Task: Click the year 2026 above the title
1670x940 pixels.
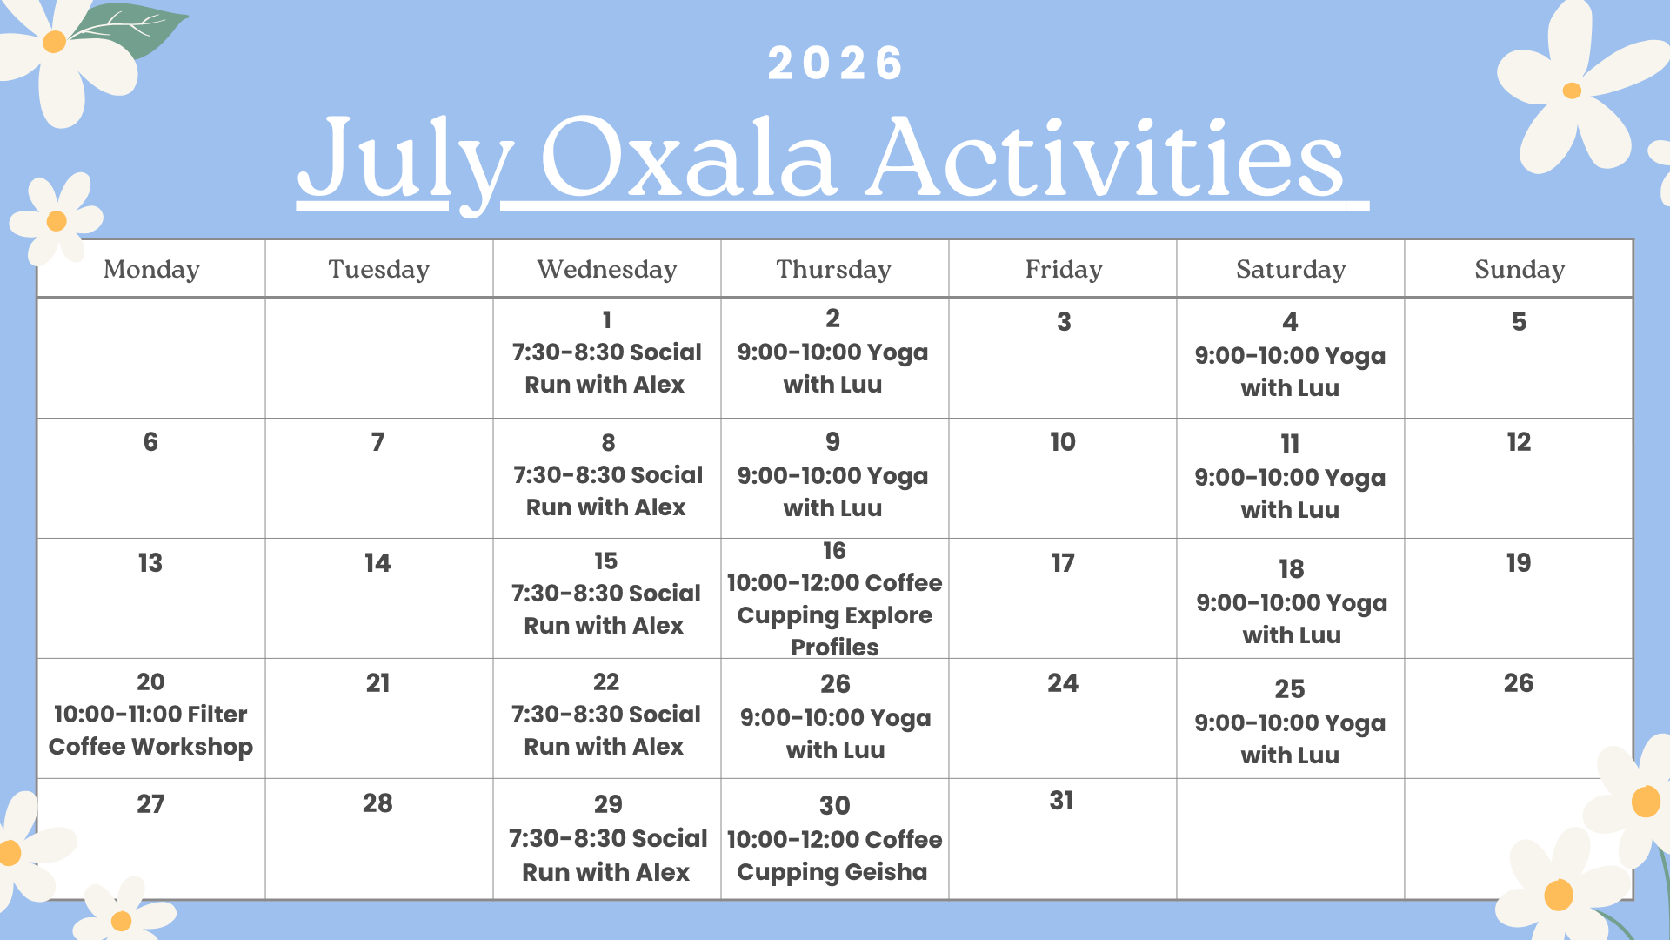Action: (835, 64)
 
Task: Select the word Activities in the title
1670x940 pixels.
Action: (1106, 157)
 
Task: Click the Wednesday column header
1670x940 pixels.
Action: (607, 270)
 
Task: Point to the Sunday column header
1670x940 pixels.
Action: (1520, 270)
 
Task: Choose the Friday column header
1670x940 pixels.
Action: (1064, 270)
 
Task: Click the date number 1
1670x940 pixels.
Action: (607, 320)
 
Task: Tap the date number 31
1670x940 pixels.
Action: (1062, 801)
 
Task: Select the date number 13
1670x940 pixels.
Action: (150, 563)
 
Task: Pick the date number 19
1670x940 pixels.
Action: (1519, 563)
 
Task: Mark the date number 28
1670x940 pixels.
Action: (377, 803)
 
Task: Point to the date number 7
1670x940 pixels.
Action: (377, 442)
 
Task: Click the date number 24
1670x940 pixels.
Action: (1063, 683)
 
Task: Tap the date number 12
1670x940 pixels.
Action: (1519, 442)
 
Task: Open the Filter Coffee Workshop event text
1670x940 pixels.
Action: (150, 730)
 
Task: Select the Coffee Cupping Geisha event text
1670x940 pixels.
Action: (834, 856)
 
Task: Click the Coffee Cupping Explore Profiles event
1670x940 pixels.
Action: (834, 614)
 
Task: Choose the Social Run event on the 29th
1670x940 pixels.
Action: (607, 855)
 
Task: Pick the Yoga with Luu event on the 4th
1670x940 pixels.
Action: (1290, 372)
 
